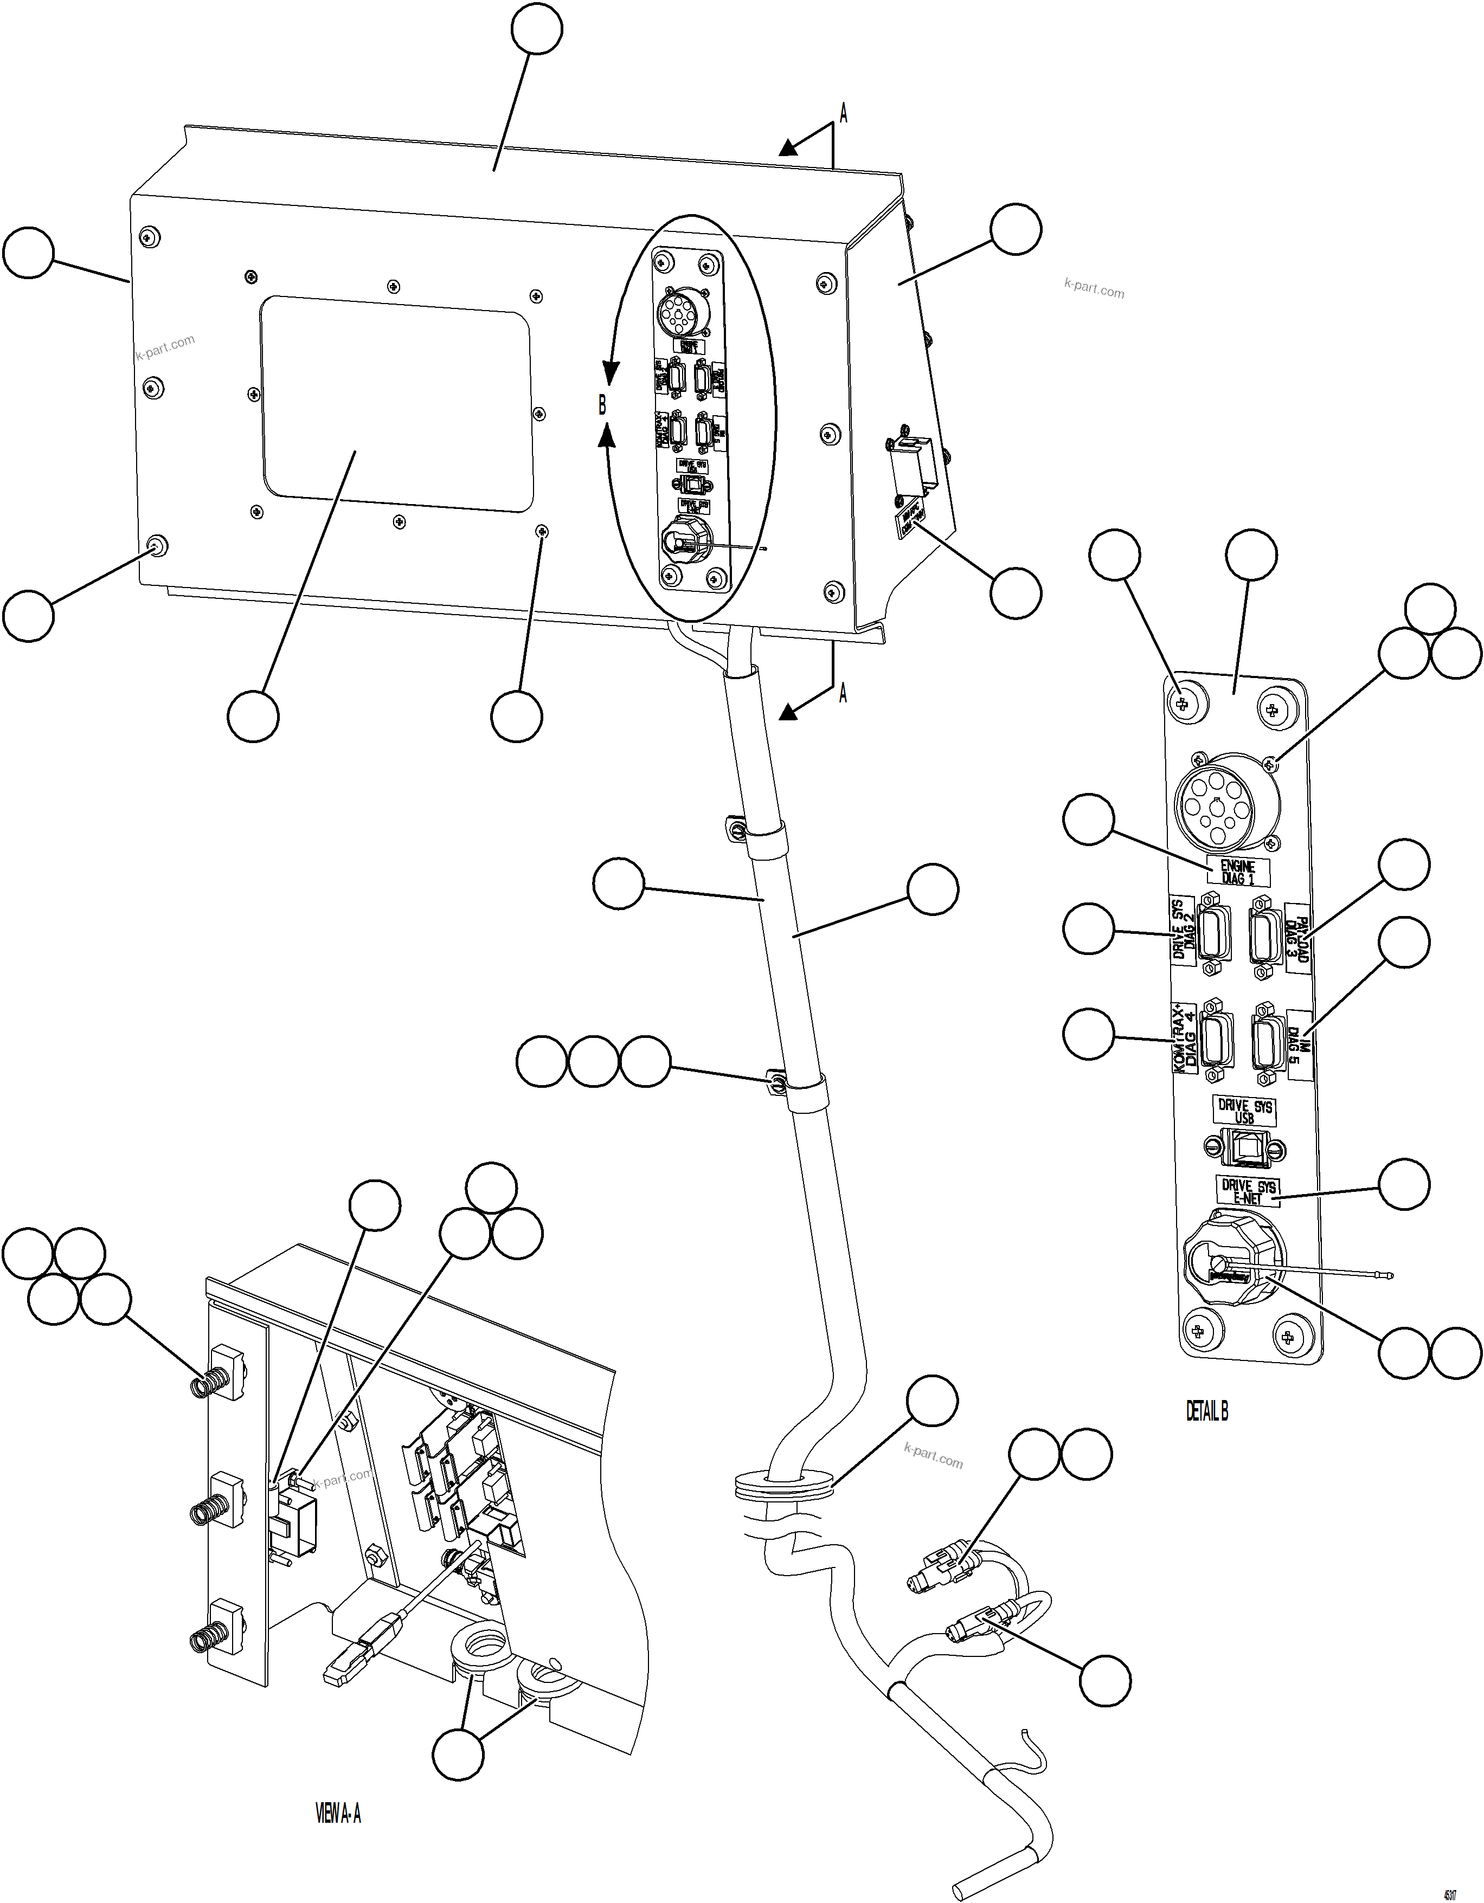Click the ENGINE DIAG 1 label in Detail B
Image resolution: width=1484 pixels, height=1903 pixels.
[x=1237, y=872]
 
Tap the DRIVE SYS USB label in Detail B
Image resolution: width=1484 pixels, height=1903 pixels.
[x=1244, y=1111]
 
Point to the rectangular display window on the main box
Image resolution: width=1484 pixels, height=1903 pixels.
[x=396, y=403]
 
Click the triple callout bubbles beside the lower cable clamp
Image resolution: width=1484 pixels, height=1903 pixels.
[x=593, y=1061]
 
